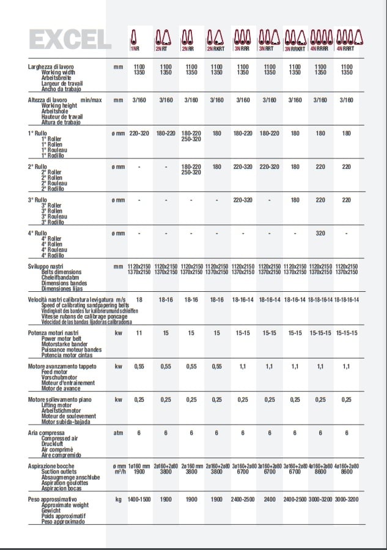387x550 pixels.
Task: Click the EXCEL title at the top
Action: [70, 39]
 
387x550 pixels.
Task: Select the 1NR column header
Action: [134, 48]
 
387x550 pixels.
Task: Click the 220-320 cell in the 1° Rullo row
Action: [139, 133]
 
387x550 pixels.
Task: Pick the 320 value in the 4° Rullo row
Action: [320, 233]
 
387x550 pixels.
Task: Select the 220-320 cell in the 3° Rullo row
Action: [243, 199]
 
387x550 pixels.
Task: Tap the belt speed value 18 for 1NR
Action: [139, 300]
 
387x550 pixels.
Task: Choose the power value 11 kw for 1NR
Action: [139, 333]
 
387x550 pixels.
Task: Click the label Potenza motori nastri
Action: [53, 333]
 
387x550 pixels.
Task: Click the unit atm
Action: [119, 433]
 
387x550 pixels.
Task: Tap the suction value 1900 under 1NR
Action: [139, 472]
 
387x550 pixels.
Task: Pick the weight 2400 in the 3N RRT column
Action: [269, 500]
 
